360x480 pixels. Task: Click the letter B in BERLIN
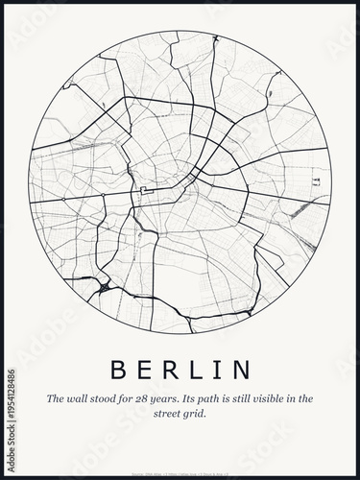[120, 370]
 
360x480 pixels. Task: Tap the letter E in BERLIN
[147, 370]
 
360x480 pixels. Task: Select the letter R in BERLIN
[173, 370]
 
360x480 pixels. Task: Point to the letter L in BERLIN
[199, 370]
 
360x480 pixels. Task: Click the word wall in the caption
[77, 397]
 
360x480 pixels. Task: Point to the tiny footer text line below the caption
[180, 446]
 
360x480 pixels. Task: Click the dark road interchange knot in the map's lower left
[103, 285]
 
